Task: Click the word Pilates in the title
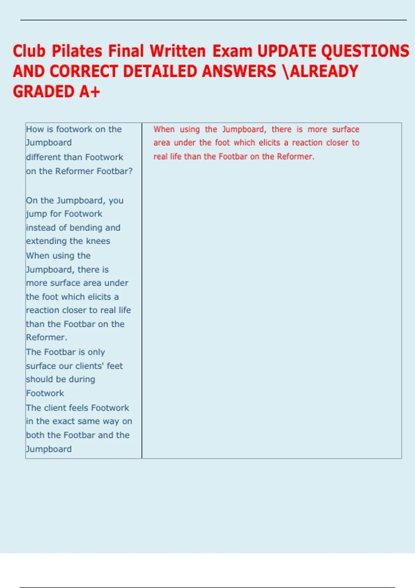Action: click(x=77, y=51)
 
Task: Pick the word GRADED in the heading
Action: click(x=44, y=92)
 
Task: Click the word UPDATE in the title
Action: click(x=287, y=51)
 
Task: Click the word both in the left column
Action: click(x=35, y=435)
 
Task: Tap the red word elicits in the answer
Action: click(x=269, y=143)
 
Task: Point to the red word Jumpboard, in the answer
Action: click(x=244, y=129)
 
